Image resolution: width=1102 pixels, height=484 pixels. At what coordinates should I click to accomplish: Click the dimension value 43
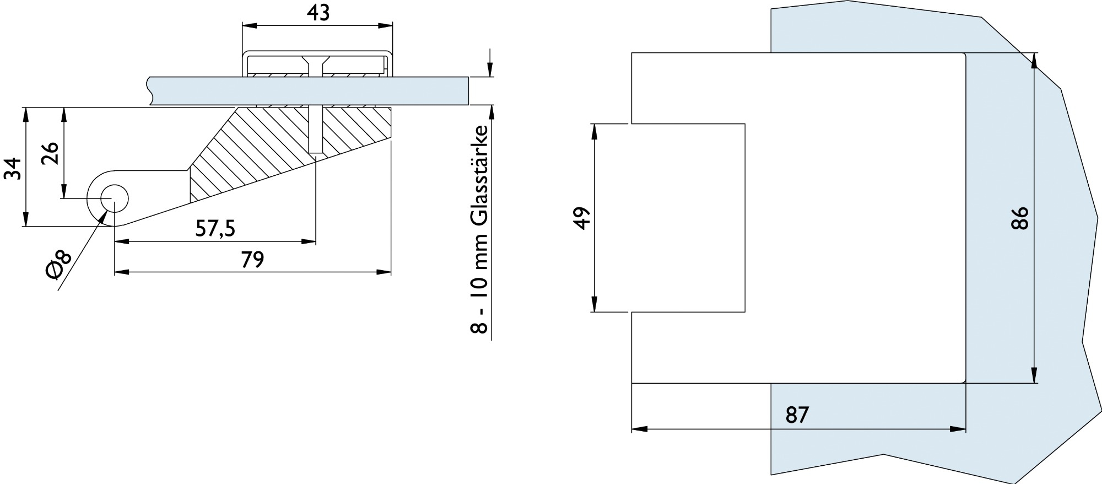click(318, 12)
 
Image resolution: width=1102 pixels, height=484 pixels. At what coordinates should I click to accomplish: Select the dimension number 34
click(14, 168)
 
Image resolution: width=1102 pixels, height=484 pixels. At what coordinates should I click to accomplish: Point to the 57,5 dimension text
click(215, 228)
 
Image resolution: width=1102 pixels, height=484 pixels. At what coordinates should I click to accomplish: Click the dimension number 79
click(253, 259)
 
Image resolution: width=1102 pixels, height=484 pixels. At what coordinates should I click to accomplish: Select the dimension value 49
click(582, 217)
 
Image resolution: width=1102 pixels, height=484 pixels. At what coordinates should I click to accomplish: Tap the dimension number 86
click(1020, 218)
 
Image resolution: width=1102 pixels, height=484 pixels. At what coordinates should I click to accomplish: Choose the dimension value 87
click(797, 415)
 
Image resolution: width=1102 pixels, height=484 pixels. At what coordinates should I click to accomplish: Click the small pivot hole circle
click(114, 198)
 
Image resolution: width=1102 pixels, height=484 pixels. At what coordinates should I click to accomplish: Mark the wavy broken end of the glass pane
click(149, 91)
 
